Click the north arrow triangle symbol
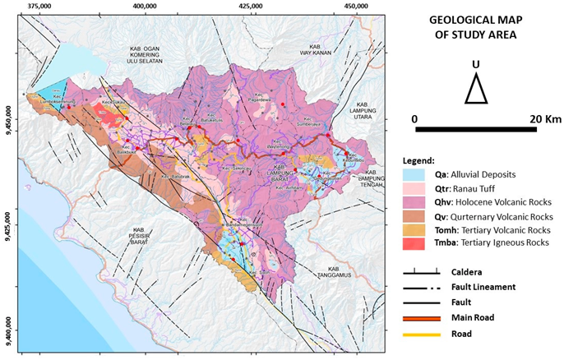475,89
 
